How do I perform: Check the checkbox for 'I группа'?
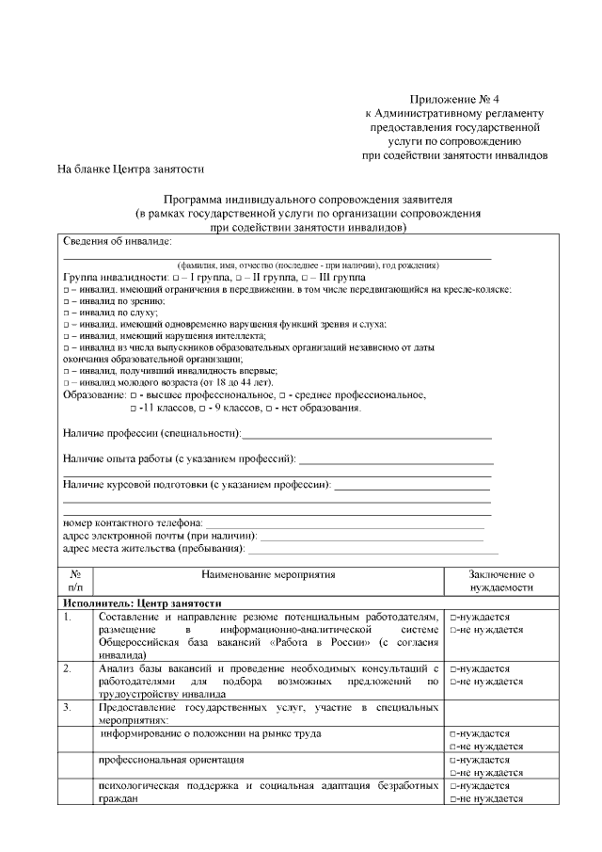176,280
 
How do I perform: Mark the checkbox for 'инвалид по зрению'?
66,301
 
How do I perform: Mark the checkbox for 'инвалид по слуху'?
66,313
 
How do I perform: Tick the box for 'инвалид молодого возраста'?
66,384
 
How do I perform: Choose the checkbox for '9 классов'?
200,409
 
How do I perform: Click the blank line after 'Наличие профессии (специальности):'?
367,435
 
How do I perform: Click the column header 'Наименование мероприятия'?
268,573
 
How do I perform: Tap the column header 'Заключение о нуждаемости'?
501,580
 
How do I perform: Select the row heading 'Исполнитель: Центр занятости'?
142,603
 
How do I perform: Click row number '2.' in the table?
68,668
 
